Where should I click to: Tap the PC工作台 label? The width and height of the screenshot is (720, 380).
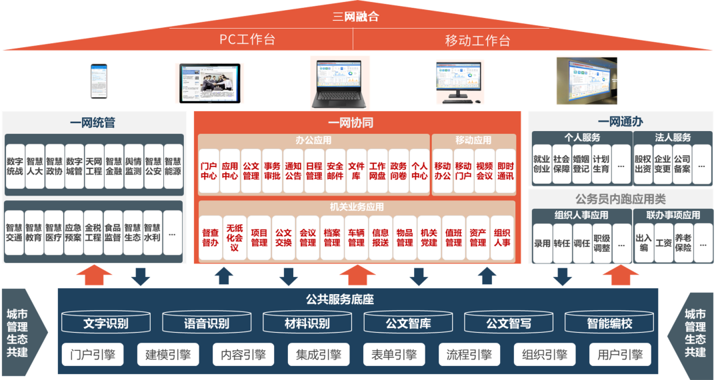pos(247,39)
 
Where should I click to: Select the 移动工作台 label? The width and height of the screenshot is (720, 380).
pos(477,40)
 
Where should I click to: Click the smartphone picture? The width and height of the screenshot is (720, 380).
pos(99,81)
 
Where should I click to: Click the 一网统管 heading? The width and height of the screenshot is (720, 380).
pos(93,122)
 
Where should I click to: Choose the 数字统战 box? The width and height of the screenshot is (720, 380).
pos(15,166)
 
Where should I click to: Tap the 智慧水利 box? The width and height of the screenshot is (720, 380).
pos(153,232)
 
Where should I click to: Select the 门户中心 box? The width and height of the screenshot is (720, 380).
pos(209,171)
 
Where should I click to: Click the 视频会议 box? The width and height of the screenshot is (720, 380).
pos(485,171)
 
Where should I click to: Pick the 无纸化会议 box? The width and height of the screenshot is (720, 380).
pos(234,238)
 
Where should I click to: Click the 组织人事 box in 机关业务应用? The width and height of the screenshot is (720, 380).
pos(502,238)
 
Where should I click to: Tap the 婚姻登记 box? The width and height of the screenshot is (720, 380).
pos(581,164)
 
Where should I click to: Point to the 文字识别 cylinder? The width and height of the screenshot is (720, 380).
pos(106,324)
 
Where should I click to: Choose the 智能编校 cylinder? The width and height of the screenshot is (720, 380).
pos(609,324)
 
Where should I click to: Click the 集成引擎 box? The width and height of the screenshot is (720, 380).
pos(319,355)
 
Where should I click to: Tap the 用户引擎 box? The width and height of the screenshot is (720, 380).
pos(620,355)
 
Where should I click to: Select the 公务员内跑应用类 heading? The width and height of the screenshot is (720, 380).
pos(620,199)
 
